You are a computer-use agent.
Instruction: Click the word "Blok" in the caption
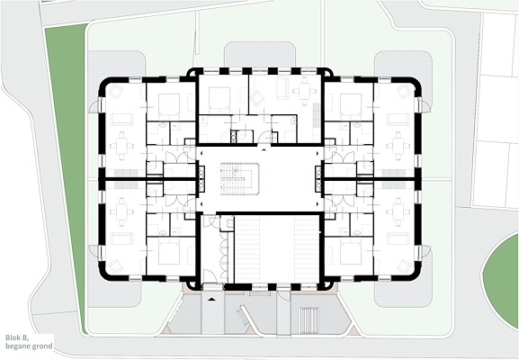[13, 338]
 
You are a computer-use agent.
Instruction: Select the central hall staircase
[239, 178]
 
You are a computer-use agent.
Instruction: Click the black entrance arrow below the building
[211, 300]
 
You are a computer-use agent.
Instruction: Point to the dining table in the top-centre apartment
[305, 91]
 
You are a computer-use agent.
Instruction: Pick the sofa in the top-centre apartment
[282, 88]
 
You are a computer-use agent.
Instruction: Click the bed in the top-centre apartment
[219, 98]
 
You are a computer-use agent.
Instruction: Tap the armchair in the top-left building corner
[115, 92]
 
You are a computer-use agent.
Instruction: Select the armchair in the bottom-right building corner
[405, 265]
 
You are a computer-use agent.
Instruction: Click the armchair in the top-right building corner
[405, 92]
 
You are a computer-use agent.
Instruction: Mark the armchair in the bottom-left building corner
[115, 265]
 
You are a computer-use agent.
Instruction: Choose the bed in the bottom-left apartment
[169, 254]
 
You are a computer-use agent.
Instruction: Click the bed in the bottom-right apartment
[351, 254]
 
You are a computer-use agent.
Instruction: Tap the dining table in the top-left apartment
[121, 146]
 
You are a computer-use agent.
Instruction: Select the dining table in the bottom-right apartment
[398, 212]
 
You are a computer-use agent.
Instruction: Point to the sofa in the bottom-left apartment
[121, 238]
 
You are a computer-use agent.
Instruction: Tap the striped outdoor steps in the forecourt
[309, 317]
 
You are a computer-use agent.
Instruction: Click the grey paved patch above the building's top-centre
[260, 54]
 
